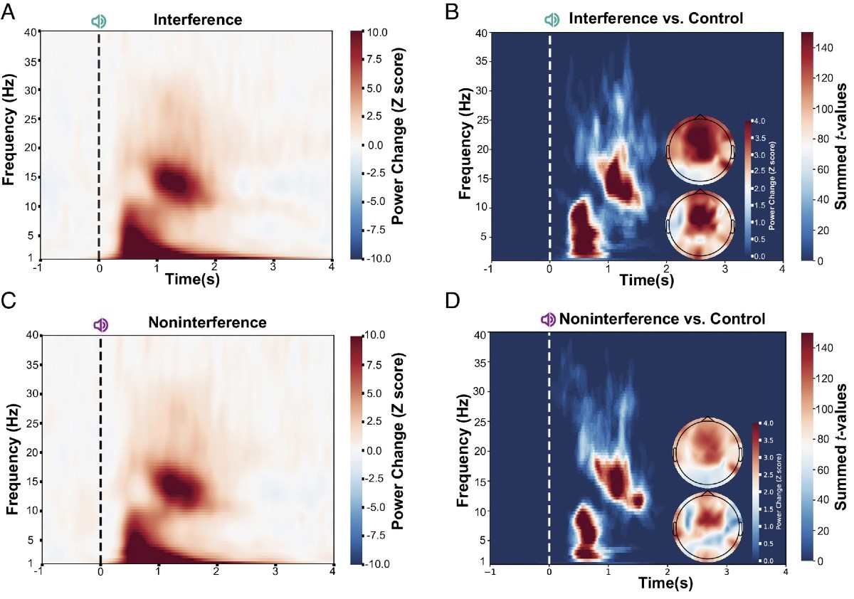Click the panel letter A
(x=9, y=13)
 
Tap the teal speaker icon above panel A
(x=99, y=21)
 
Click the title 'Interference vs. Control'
(x=656, y=18)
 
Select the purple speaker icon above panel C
(x=101, y=324)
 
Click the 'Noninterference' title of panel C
(x=207, y=323)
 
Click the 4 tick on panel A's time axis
(x=332, y=267)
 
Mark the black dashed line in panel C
(x=101, y=448)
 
